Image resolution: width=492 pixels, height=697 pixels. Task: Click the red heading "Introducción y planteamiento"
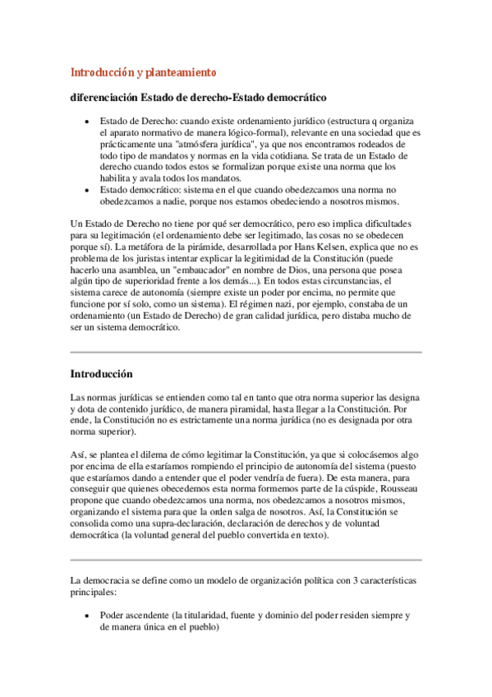click(x=142, y=72)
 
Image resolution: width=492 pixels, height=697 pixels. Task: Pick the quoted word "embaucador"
click(x=201, y=269)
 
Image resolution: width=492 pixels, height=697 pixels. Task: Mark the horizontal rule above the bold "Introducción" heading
click(x=246, y=352)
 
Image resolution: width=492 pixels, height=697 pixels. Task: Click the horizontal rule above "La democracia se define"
click(x=246, y=558)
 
